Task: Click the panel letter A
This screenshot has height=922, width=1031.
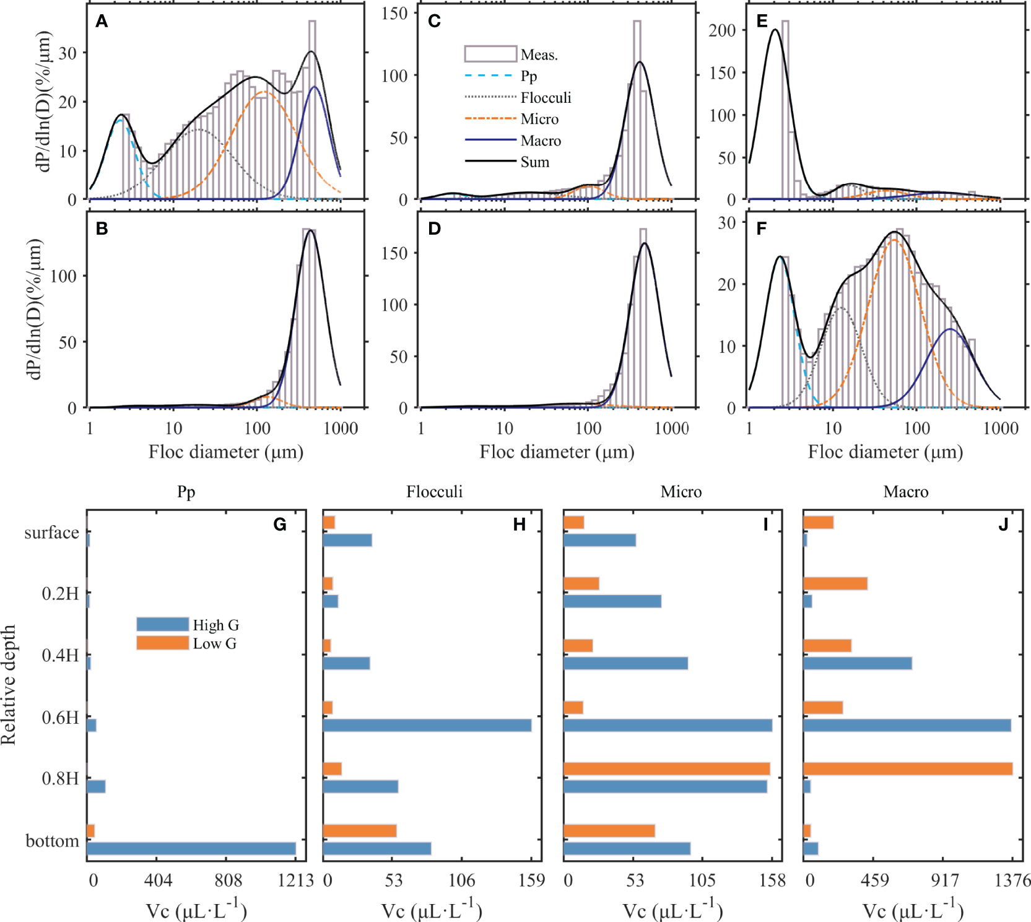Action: pos(102,22)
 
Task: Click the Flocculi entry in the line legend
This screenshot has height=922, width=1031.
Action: pos(546,98)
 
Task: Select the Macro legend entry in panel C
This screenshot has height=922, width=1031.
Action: pos(541,141)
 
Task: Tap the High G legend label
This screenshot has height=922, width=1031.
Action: pos(215,625)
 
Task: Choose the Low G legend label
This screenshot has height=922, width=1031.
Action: pos(214,643)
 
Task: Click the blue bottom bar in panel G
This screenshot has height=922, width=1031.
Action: pos(191,848)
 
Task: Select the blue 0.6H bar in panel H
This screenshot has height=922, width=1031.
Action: pos(427,725)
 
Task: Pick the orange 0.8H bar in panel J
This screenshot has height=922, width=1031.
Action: pos(907,769)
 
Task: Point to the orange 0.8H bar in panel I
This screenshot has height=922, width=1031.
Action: pos(666,769)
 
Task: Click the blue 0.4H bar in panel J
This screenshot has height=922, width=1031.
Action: pos(857,663)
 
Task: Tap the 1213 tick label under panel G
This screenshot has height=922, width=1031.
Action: pos(295,880)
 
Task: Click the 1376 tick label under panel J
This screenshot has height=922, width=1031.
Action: pos(1012,880)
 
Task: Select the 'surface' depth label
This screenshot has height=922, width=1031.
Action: pos(51,533)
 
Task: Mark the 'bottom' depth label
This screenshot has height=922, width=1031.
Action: pos(52,841)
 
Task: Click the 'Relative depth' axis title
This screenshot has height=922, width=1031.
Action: pos(9,684)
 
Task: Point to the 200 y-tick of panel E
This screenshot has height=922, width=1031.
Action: pos(722,30)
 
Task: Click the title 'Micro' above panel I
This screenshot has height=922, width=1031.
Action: pos(681,492)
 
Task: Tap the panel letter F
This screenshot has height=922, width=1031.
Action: pos(761,229)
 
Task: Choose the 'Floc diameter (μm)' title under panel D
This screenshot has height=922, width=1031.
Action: pos(557,452)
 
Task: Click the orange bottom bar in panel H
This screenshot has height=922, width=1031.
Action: pos(359,831)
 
